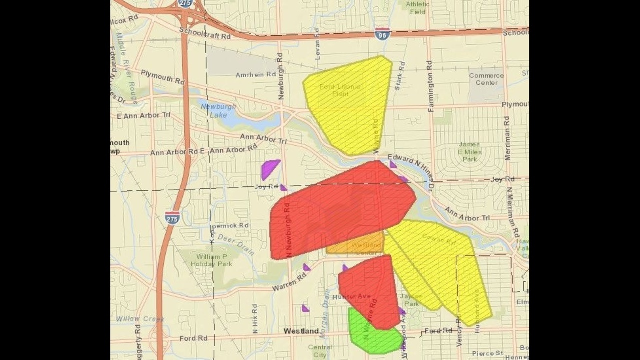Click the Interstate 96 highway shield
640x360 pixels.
coord(382,34)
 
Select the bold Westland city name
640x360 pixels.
coord(301,331)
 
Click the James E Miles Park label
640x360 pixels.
coord(469,152)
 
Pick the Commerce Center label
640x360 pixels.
coord(486,79)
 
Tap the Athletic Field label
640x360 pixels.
coord(417,8)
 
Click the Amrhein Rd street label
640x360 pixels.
coord(256,74)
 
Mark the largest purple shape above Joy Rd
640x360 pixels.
coord(269,168)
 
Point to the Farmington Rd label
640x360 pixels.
coord(430,86)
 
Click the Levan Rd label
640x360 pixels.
coord(316,44)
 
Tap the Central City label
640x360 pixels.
coord(320,351)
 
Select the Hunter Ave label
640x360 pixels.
coord(351,297)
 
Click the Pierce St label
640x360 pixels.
coord(487,353)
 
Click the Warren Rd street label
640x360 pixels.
coord(289,281)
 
